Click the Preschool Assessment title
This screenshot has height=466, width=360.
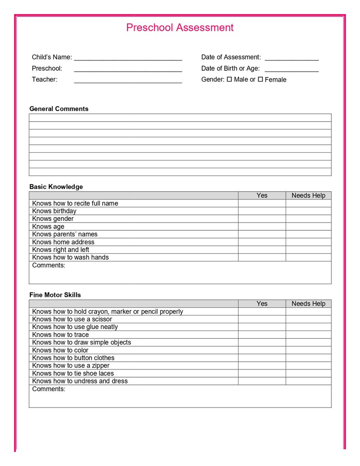[x=180, y=28]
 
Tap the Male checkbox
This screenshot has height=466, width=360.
[x=229, y=79]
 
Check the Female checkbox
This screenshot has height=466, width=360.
[x=260, y=79]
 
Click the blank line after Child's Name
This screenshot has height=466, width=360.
[x=128, y=58]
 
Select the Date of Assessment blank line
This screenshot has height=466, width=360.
[x=292, y=58]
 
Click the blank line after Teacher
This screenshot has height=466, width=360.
[x=128, y=81]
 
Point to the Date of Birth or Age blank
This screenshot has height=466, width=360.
[x=292, y=69]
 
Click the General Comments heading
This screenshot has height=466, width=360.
[x=59, y=109]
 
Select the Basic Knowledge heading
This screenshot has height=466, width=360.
[x=56, y=187]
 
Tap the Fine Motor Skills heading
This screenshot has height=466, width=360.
[x=55, y=295]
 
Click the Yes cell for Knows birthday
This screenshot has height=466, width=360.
[x=262, y=211]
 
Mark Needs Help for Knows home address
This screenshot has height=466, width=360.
[x=308, y=242]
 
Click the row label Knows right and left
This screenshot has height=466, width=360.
[x=61, y=250]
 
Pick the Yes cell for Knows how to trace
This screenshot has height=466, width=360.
[x=262, y=335]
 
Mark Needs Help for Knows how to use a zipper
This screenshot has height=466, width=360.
[x=308, y=366]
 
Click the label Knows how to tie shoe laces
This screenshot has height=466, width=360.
[x=73, y=374]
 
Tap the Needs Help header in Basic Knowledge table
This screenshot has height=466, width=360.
[x=308, y=195]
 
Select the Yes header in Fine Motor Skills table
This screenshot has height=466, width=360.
[x=262, y=304]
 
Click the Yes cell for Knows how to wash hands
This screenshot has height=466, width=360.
[x=262, y=257]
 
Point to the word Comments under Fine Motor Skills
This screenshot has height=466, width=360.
[x=49, y=389]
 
